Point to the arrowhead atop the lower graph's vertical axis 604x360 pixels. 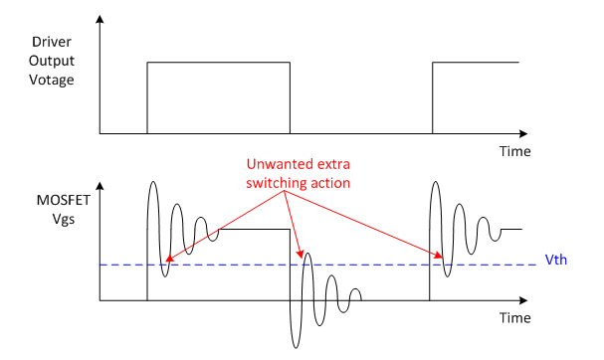(x=101, y=185)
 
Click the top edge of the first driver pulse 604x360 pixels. (x=218, y=63)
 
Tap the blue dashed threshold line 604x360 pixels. (x=378, y=265)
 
